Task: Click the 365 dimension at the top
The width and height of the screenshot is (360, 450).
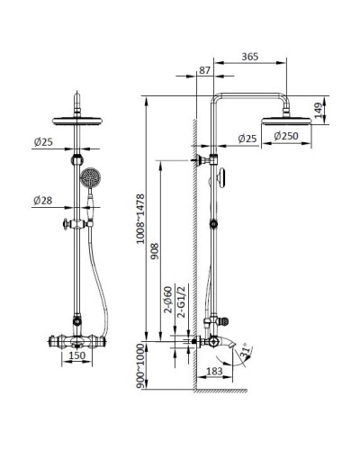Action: pos(251,57)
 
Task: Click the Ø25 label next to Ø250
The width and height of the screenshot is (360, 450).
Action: pos(248,137)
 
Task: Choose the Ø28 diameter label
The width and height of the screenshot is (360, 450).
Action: pos(42,200)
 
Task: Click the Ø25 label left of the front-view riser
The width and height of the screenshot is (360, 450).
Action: pos(42,141)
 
